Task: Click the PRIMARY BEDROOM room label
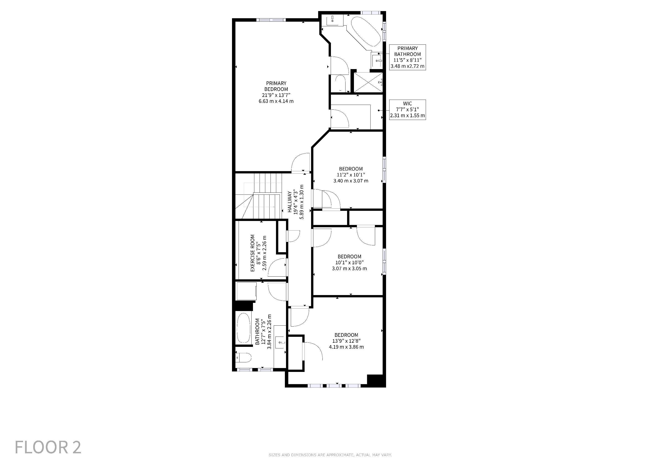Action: [x=276, y=86]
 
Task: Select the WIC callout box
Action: [x=407, y=109]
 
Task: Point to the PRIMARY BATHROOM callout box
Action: [x=407, y=57]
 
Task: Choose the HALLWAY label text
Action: [x=290, y=202]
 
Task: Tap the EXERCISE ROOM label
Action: [x=252, y=253]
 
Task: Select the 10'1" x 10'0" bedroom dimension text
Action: [x=349, y=262]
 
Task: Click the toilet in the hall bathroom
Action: [x=243, y=358]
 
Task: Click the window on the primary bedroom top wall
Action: [x=271, y=20]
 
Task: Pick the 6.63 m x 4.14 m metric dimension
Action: [x=276, y=101]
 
